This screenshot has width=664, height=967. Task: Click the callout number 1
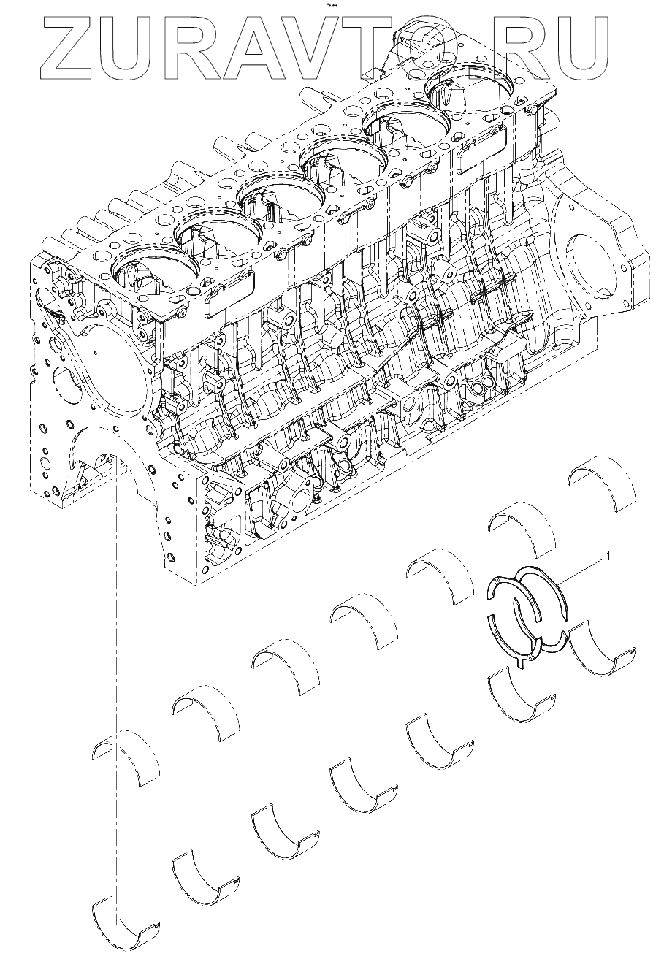[x=608, y=557]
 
